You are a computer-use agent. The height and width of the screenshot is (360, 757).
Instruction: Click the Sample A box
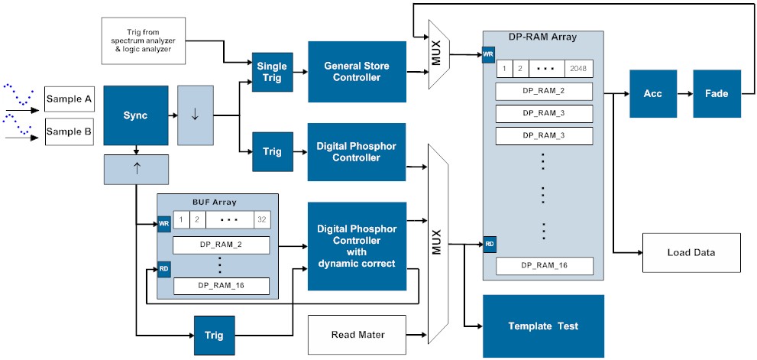tap(70, 99)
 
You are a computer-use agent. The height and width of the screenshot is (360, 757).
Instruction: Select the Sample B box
tap(70, 131)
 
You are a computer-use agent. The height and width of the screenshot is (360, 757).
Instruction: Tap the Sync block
tap(135, 115)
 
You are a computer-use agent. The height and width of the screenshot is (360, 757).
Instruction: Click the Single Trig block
tap(272, 73)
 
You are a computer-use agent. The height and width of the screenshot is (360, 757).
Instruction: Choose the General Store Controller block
tap(357, 72)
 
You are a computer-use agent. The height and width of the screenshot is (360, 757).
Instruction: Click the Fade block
tap(717, 93)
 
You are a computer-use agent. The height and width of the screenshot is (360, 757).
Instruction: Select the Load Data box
tap(691, 252)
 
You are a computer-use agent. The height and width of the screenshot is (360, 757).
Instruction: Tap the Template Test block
tap(543, 326)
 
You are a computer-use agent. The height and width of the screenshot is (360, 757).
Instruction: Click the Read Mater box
tap(356, 335)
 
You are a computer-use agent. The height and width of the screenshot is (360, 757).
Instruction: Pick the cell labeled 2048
tap(577, 69)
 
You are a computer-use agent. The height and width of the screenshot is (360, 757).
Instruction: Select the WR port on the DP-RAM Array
tap(488, 55)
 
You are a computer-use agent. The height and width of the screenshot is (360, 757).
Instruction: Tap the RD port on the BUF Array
tap(163, 270)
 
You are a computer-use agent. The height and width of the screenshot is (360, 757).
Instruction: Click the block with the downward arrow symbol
tap(195, 115)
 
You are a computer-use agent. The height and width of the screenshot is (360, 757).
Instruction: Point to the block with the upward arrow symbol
tap(137, 169)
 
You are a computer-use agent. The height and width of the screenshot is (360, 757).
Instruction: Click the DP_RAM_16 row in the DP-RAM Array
tap(543, 265)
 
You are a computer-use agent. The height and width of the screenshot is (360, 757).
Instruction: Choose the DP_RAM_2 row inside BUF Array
tap(222, 245)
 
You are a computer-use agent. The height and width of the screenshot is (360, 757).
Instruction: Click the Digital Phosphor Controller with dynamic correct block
tap(357, 246)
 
